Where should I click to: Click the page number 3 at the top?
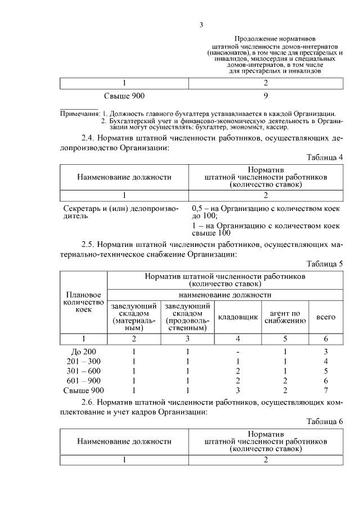tap(201, 24)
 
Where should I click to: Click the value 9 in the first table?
tap(265, 96)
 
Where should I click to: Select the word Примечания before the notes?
tap(79, 114)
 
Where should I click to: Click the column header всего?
tap(326, 317)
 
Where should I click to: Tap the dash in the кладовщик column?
tap(238, 352)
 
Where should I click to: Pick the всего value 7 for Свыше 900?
tap(326, 390)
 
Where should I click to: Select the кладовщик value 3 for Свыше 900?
tap(238, 390)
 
